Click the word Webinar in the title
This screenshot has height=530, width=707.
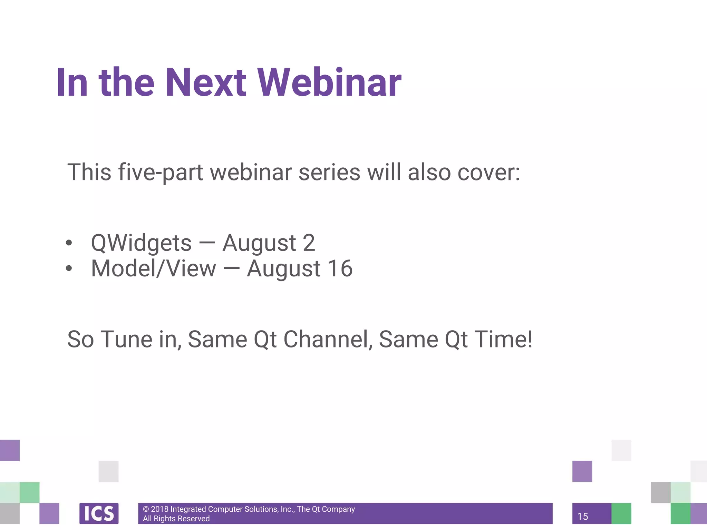coord(330,83)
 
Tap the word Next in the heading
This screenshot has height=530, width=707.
coord(206,83)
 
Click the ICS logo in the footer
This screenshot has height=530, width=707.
coord(99,513)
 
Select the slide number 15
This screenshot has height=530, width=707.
coord(583,517)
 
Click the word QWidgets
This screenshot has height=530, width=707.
coord(141,243)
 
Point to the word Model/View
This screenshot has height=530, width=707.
coord(153,269)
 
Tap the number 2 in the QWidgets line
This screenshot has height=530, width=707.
coord(309,243)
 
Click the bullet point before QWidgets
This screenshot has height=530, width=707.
coord(69,243)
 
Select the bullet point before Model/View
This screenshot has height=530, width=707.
coord(69,268)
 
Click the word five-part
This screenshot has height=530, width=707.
coord(161,173)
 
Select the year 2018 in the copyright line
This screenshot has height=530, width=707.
coord(159,509)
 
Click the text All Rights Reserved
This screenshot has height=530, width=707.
coord(176,519)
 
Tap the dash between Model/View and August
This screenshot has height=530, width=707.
coord(231,269)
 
